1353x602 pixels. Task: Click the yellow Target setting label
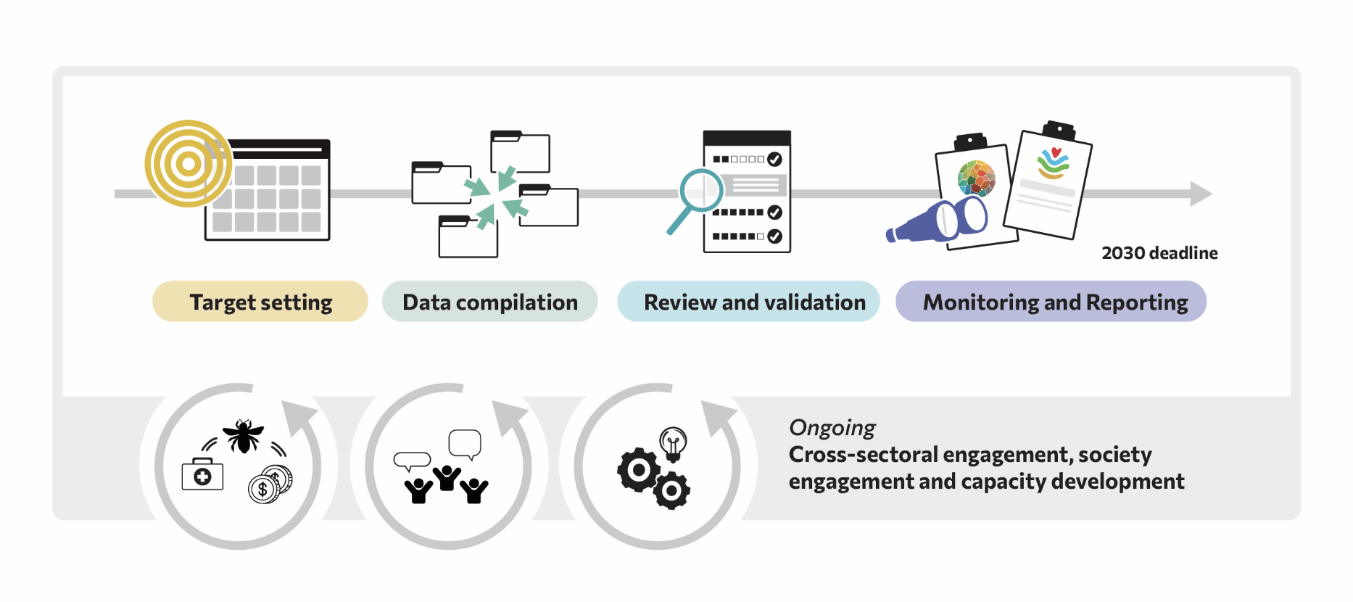point(260,302)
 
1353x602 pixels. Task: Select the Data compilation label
point(489,302)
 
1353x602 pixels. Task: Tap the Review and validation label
point(754,302)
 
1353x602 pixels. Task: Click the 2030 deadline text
point(1159,253)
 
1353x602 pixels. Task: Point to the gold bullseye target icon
point(188,164)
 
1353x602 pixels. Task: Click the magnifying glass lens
point(701,190)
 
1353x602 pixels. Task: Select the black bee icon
point(243,435)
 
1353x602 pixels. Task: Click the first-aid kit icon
point(202,475)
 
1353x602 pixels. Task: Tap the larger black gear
point(639,470)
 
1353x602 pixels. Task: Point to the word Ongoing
point(832,428)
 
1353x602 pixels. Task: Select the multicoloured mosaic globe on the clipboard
point(976,178)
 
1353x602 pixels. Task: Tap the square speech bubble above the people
point(465,442)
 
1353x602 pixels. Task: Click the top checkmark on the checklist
point(774,159)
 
